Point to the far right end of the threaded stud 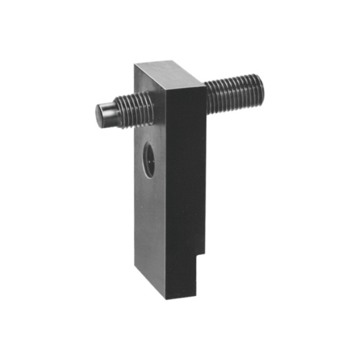[261, 88]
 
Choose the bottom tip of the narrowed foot [167, 299]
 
